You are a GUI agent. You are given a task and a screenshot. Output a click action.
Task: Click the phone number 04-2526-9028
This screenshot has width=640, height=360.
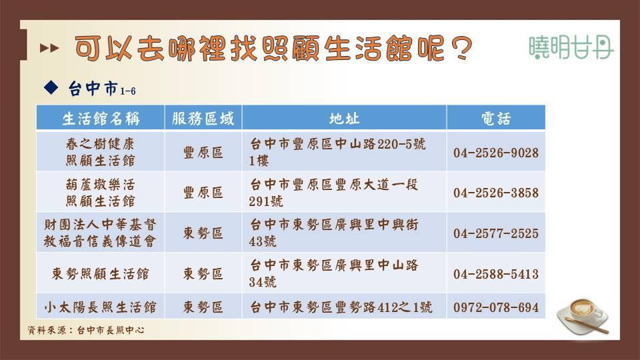click(496, 153)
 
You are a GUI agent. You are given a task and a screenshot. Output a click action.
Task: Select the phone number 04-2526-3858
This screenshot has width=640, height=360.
click(496, 193)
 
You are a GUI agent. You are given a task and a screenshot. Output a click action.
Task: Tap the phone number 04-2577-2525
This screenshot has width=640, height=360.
click(496, 233)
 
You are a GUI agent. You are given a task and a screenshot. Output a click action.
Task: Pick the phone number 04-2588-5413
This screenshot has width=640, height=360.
click(496, 273)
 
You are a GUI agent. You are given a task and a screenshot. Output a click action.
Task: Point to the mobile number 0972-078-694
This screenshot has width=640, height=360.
click(496, 307)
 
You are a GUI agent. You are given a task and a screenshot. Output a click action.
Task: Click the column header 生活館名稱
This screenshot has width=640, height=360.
click(101, 119)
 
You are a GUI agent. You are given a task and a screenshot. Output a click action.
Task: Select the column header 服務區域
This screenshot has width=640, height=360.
click(203, 119)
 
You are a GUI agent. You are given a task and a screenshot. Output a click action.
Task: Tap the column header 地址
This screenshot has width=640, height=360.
click(344, 119)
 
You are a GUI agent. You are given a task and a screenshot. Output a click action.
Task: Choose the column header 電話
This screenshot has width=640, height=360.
click(496, 119)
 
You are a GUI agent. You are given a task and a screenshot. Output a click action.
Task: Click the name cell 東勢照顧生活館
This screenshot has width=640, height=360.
click(101, 273)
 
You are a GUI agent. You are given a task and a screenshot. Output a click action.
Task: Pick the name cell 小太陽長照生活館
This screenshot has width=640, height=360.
click(101, 307)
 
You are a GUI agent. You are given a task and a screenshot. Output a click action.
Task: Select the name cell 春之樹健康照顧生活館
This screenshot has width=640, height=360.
click(101, 152)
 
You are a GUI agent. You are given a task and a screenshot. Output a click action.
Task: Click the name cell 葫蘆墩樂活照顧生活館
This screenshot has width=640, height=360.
click(101, 192)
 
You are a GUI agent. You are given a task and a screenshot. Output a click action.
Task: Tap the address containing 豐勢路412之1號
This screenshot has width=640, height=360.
click(341, 307)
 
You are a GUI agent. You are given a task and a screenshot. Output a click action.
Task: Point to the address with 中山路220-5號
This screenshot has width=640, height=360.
click(337, 152)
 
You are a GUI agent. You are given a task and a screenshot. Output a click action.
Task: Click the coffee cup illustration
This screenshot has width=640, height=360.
click(583, 316)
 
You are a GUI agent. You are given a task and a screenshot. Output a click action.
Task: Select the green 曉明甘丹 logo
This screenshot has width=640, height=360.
click(571, 47)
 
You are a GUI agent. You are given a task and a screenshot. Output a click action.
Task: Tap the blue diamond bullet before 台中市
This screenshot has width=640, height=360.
click(51, 87)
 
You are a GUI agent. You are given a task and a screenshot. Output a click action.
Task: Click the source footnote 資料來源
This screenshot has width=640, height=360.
click(86, 330)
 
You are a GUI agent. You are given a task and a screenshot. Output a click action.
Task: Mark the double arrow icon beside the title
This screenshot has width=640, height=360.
click(49, 48)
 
